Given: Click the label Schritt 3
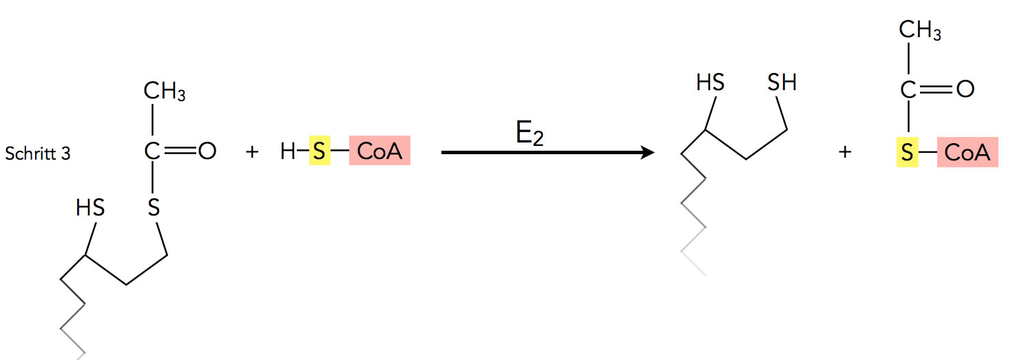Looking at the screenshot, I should tap(37, 153).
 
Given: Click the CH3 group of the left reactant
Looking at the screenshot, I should tap(165, 92).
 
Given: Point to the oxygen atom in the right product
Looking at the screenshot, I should tap(965, 90).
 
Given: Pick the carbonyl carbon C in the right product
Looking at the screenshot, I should tap(909, 90).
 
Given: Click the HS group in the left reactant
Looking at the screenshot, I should tap(90, 207).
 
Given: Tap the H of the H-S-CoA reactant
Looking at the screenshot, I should tap(288, 151).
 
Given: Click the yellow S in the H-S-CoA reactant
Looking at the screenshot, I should tap(319, 151).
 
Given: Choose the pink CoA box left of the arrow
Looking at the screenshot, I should tap(379, 151).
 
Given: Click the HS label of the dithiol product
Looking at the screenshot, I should tap(710, 84).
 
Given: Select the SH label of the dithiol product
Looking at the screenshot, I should tap(782, 84).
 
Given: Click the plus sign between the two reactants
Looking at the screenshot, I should tap(252, 152).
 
